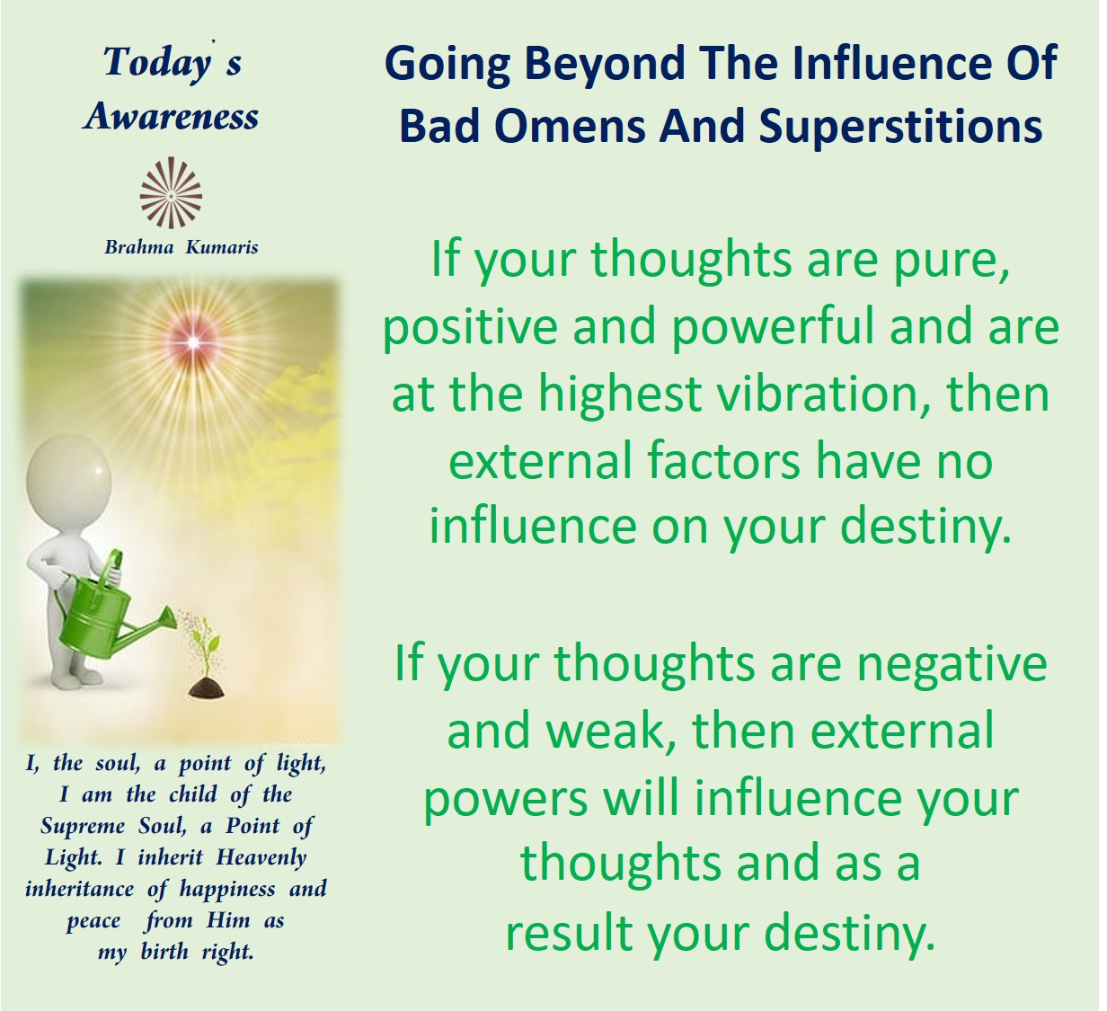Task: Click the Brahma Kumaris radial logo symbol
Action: coord(171,192)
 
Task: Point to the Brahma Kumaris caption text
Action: coord(182,247)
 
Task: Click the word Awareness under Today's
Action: coord(171,117)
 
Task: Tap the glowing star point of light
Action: coord(192,342)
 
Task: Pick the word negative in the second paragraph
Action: coord(944,665)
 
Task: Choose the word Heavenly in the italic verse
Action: coord(261,858)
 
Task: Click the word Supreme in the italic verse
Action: coord(84,827)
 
